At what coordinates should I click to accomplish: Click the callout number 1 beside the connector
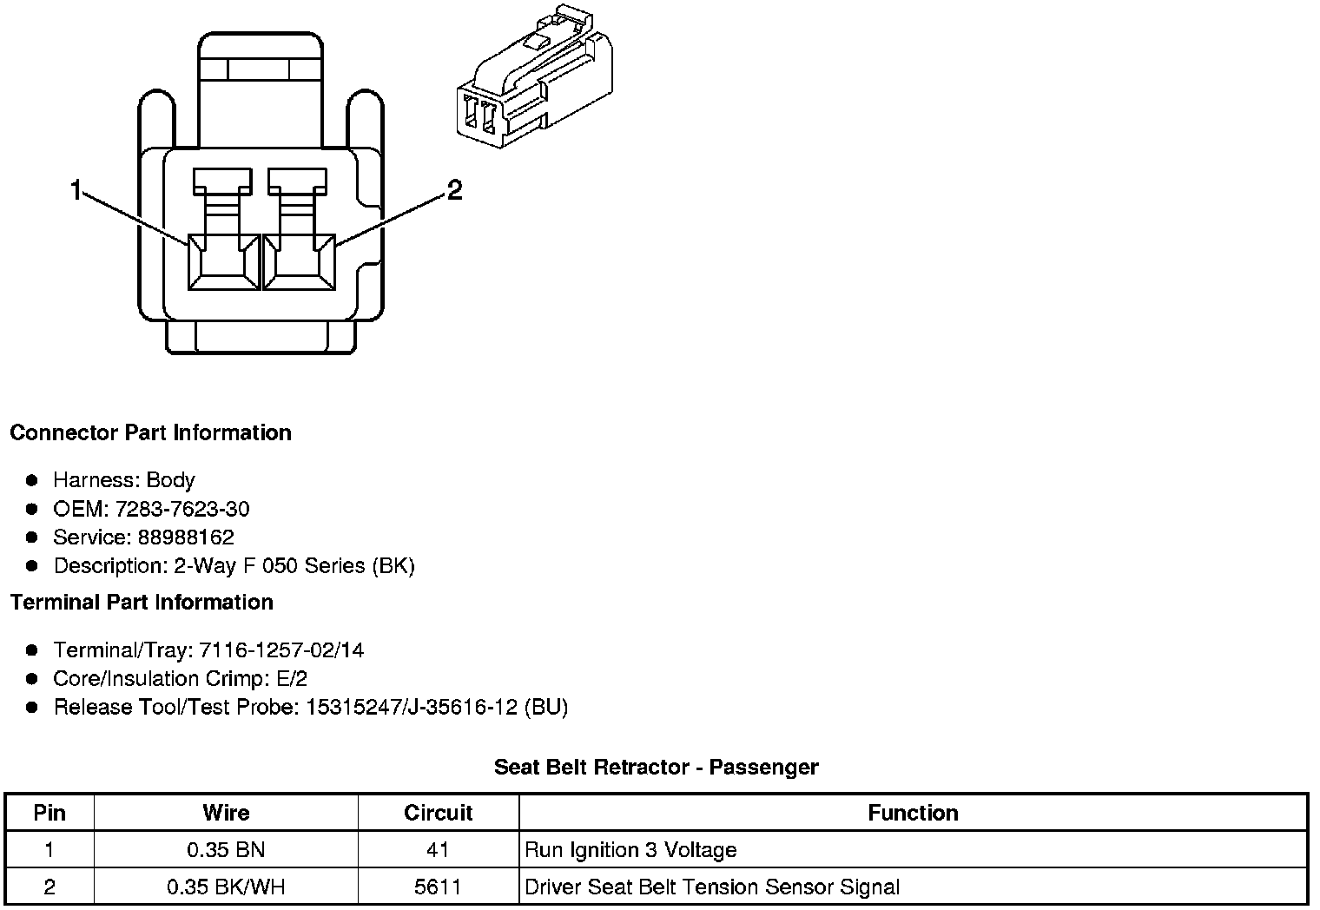76,189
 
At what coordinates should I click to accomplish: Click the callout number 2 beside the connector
454,189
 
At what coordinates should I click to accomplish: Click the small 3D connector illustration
534,82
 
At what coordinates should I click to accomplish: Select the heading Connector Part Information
150,432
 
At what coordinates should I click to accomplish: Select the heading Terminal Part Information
142,602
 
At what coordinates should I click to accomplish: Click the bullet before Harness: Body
32,480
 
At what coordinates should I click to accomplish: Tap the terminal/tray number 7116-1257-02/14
281,650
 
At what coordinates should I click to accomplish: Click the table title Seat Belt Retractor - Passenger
656,768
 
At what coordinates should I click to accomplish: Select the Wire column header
226,813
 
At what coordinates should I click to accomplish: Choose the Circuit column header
438,813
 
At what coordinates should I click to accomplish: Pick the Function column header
913,813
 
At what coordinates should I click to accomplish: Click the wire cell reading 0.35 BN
226,850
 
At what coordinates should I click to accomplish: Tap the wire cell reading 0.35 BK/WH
226,887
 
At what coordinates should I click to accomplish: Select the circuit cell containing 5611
438,887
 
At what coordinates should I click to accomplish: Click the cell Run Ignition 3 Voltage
630,850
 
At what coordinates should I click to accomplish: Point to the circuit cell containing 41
438,850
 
